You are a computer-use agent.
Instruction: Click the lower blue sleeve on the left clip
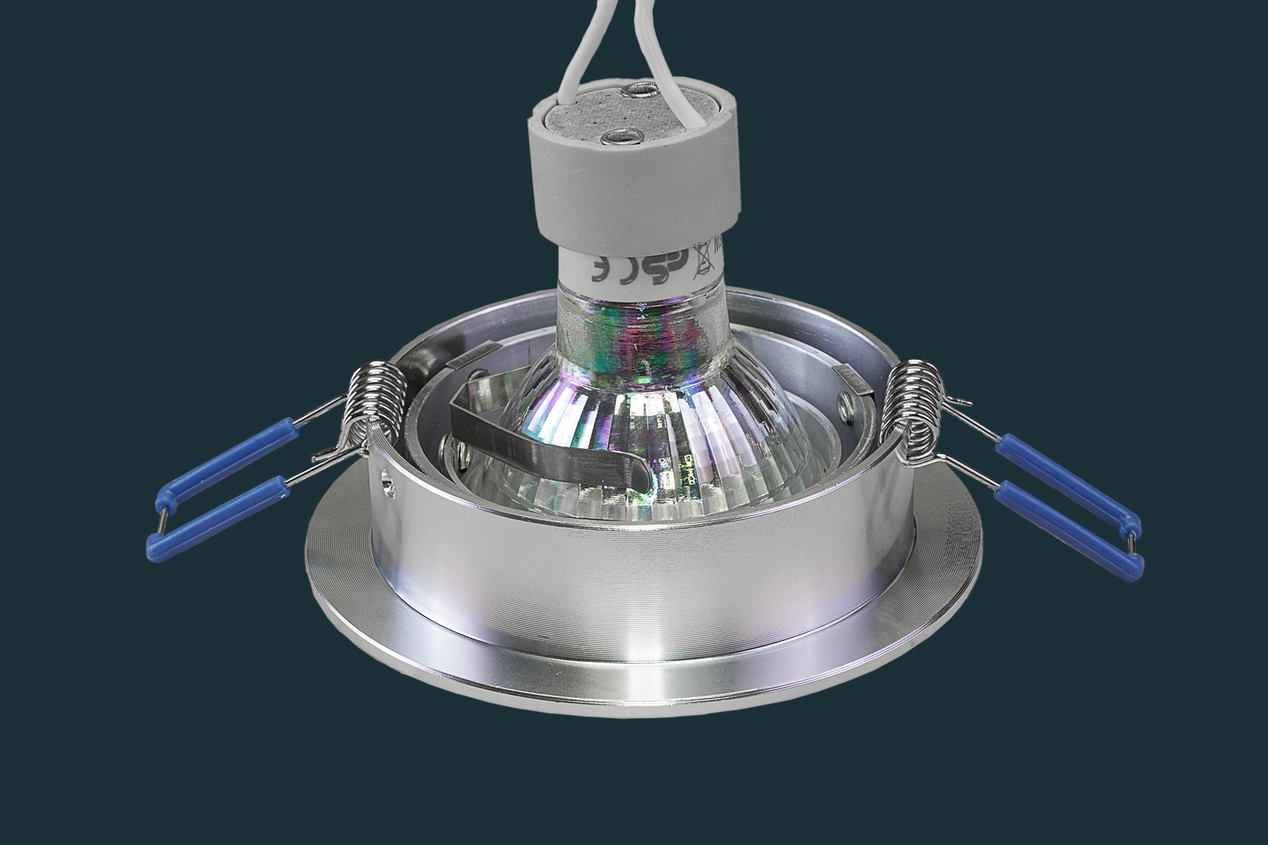tap(218, 522)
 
